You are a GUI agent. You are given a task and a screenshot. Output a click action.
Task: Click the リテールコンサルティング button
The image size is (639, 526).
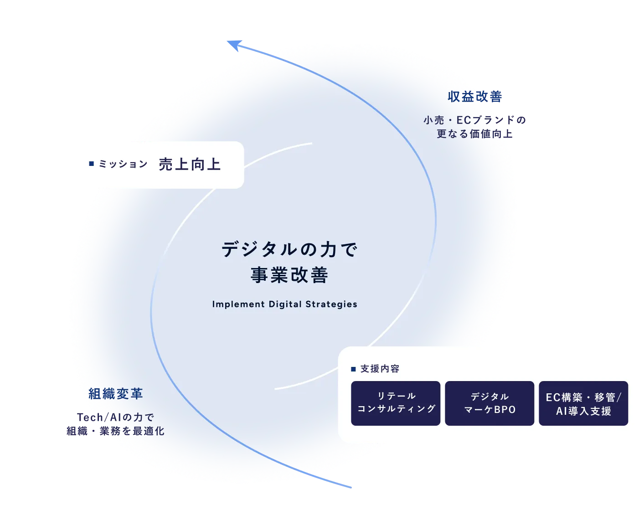(x=396, y=403)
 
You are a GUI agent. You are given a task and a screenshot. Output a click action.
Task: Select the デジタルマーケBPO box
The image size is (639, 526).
(x=490, y=403)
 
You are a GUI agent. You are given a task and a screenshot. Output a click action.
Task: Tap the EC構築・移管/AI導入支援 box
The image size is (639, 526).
(x=583, y=403)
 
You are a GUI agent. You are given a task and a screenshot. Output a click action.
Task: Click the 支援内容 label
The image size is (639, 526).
(x=380, y=369)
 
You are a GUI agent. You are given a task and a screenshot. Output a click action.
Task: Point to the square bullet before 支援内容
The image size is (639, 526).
(x=353, y=369)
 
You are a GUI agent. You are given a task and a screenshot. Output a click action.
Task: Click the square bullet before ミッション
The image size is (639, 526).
(x=92, y=164)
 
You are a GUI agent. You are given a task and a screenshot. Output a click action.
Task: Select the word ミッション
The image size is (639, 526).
(x=123, y=164)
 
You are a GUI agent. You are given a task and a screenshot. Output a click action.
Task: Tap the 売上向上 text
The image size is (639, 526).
(x=190, y=164)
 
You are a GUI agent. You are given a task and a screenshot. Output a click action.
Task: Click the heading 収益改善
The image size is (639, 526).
(x=475, y=97)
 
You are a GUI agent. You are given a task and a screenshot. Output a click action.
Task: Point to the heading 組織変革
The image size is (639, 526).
(x=116, y=393)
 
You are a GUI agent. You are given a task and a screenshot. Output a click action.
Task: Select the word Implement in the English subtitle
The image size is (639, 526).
(x=238, y=304)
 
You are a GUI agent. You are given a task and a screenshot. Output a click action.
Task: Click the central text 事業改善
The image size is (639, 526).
(x=289, y=275)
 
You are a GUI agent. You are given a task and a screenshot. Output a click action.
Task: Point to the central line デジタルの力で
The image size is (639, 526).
(x=289, y=249)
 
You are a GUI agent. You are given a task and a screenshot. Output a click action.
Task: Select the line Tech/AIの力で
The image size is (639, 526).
(x=116, y=417)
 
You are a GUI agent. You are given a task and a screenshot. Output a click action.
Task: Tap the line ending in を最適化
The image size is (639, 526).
(x=116, y=431)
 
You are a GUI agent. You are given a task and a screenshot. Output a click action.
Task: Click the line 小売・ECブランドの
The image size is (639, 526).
(x=475, y=120)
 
